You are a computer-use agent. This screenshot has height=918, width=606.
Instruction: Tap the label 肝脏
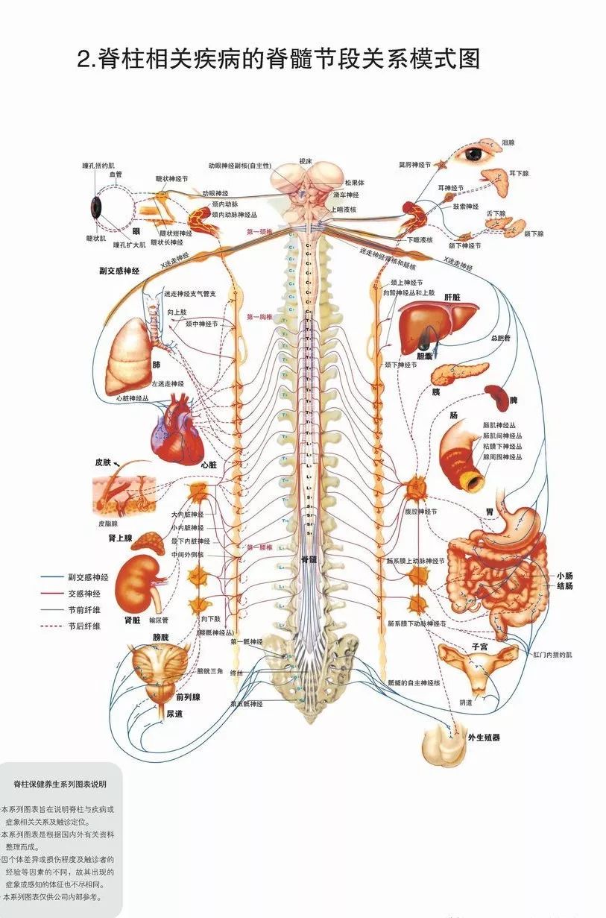pos(452,297)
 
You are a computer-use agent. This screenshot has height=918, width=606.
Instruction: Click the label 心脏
pos(209,465)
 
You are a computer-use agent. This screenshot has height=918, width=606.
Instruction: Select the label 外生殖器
pos(484,738)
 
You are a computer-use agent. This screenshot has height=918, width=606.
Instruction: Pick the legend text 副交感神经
pos(88,577)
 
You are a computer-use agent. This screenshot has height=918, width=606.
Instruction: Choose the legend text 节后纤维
pos(83,626)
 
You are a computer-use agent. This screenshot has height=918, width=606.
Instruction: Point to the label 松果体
pos(354,183)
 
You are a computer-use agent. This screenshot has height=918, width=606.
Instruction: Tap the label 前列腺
pos(188,697)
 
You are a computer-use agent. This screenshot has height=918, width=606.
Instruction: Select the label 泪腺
pos(508,142)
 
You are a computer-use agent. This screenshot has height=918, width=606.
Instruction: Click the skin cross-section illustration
pos(122,492)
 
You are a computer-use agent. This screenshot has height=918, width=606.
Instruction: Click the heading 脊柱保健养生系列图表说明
pos(60,784)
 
